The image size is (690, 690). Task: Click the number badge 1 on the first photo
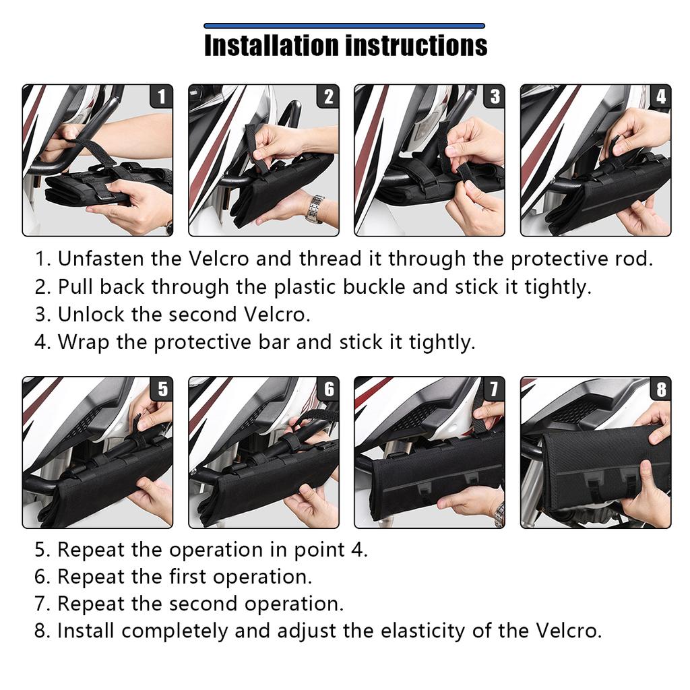pyautogui.click(x=160, y=97)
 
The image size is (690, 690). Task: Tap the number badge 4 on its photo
pyautogui.click(x=660, y=97)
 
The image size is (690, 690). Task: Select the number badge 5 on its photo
pyautogui.click(x=162, y=389)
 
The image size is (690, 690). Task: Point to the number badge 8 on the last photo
pyautogui.click(x=660, y=389)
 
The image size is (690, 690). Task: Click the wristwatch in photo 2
pyautogui.click(x=315, y=208)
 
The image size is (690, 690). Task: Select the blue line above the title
pyautogui.click(x=344, y=26)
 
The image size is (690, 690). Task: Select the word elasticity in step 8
pyautogui.click(x=437, y=631)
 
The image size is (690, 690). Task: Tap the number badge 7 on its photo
pyautogui.click(x=494, y=389)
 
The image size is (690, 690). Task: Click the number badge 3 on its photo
pyautogui.click(x=495, y=97)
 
